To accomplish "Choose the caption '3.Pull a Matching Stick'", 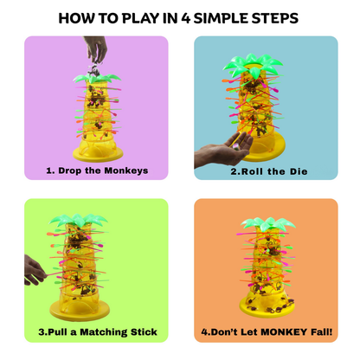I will click(x=97, y=331).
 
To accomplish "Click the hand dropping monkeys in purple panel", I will click(x=97, y=48).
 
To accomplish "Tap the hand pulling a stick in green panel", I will click(x=35, y=270).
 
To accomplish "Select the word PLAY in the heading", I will click(x=151, y=18).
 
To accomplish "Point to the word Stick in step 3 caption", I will click(x=141, y=331).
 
